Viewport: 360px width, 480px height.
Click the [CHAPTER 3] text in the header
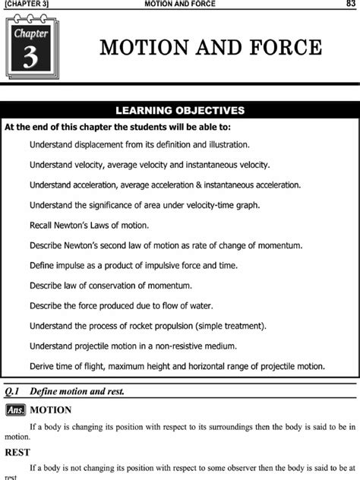coord(27,5)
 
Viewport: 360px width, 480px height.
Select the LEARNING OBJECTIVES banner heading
coord(179,110)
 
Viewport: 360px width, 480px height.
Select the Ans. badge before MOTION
coord(14,410)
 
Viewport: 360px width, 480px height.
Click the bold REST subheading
coord(17,450)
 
